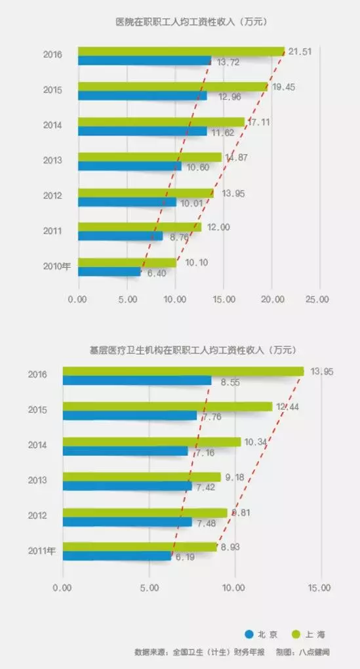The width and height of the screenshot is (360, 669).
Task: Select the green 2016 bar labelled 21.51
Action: click(x=180, y=51)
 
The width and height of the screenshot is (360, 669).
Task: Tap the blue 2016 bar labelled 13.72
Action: click(x=144, y=60)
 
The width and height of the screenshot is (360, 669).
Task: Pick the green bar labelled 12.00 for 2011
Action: click(x=139, y=227)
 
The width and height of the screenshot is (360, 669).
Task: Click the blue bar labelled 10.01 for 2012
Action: click(x=127, y=202)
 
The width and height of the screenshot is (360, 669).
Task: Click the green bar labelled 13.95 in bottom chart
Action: click(x=183, y=371)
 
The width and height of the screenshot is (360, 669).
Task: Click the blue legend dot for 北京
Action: click(x=249, y=634)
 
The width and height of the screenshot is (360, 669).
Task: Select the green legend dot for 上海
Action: click(x=294, y=634)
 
